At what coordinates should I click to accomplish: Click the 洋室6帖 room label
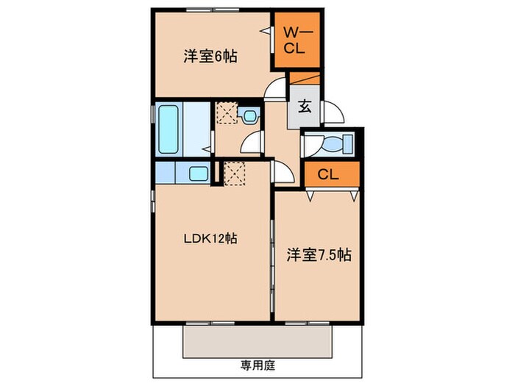210,56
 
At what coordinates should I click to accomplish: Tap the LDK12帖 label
209,238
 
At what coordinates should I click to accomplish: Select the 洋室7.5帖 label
318,256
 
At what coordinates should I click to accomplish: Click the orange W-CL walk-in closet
298,40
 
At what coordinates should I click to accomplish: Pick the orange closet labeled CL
329,175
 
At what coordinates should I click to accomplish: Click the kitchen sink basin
198,174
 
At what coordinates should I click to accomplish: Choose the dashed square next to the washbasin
225,115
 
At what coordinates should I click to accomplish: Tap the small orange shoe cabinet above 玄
302,79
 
